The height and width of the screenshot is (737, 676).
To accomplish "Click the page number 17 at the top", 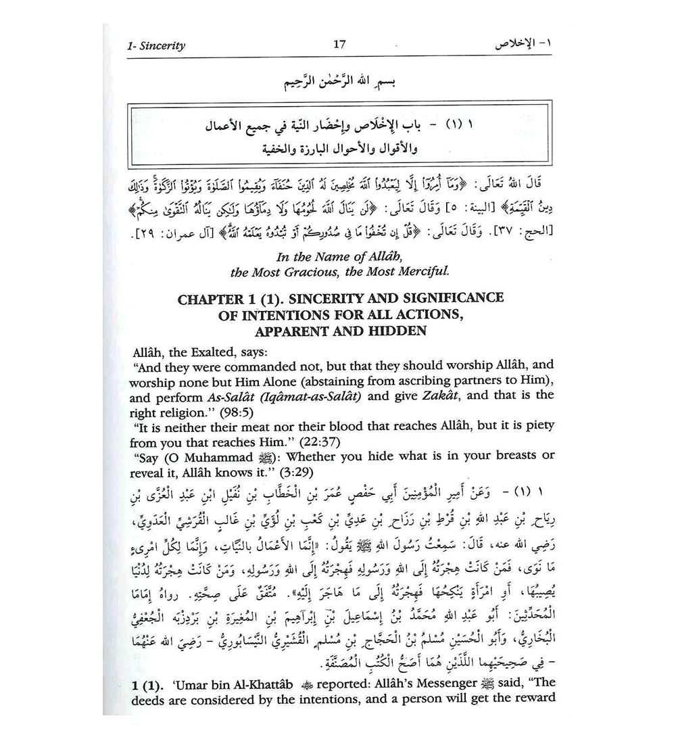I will click(339, 45).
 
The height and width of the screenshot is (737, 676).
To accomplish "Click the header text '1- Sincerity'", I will click(156, 47).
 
